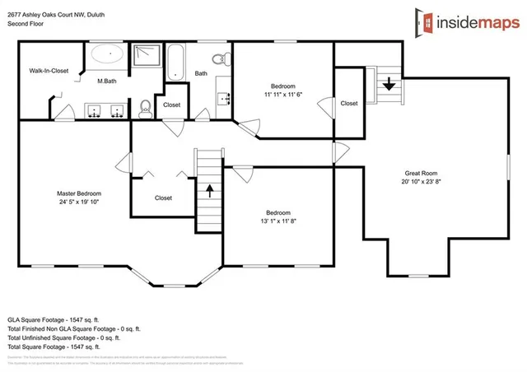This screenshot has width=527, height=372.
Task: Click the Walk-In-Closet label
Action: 49,72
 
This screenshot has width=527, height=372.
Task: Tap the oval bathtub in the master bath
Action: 105,56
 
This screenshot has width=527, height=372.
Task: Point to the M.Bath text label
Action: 106,81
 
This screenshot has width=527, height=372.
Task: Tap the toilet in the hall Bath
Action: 219,59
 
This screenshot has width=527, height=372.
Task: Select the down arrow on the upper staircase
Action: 388,82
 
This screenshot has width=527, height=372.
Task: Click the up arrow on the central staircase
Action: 209,191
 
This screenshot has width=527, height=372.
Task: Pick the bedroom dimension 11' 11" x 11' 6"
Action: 282,95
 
